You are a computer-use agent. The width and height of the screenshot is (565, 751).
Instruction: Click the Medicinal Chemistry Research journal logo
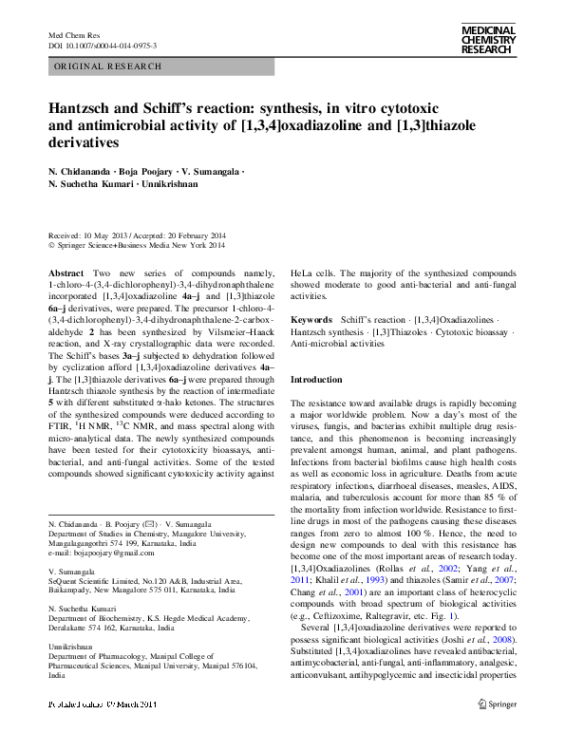(487, 40)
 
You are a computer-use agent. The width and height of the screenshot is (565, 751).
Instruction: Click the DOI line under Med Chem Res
(103, 45)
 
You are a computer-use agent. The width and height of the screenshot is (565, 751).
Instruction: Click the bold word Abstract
(66, 272)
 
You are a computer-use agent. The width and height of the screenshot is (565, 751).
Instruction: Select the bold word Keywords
(311, 321)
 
